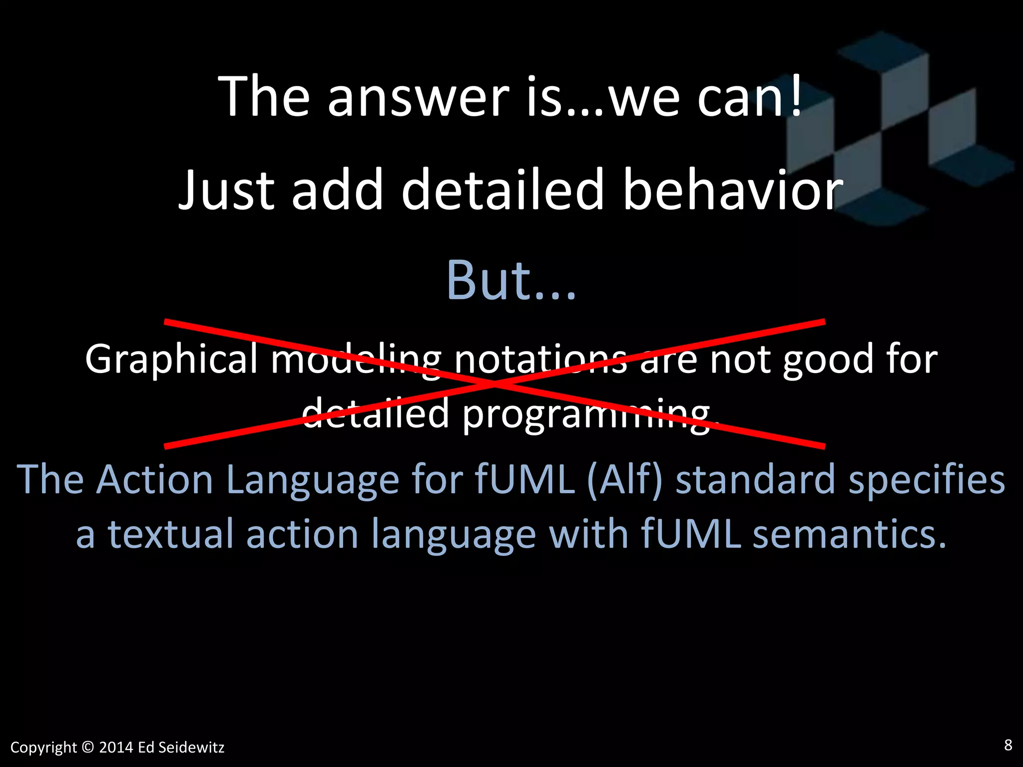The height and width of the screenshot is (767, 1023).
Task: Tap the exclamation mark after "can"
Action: pyautogui.click(x=796, y=95)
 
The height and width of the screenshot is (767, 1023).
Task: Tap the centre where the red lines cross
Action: pyautogui.click(x=495, y=383)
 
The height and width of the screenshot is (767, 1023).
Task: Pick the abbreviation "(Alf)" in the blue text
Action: pyautogui.click(x=625, y=480)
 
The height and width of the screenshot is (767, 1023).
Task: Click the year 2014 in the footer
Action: pyautogui.click(x=116, y=748)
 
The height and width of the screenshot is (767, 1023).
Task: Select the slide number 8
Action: pyautogui.click(x=1008, y=745)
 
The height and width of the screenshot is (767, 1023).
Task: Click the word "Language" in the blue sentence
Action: pyautogui.click(x=313, y=480)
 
